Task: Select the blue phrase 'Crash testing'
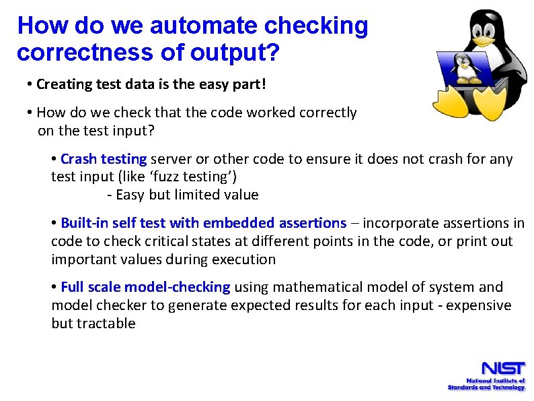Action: coord(104,159)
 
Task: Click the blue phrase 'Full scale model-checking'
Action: coord(145,287)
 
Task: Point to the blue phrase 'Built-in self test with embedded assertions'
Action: coord(203,223)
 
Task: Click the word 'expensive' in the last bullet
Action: coord(480,305)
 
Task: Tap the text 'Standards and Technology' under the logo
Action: coord(486,388)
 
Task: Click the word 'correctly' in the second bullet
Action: coord(329,113)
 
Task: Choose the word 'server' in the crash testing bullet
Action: coord(170,159)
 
